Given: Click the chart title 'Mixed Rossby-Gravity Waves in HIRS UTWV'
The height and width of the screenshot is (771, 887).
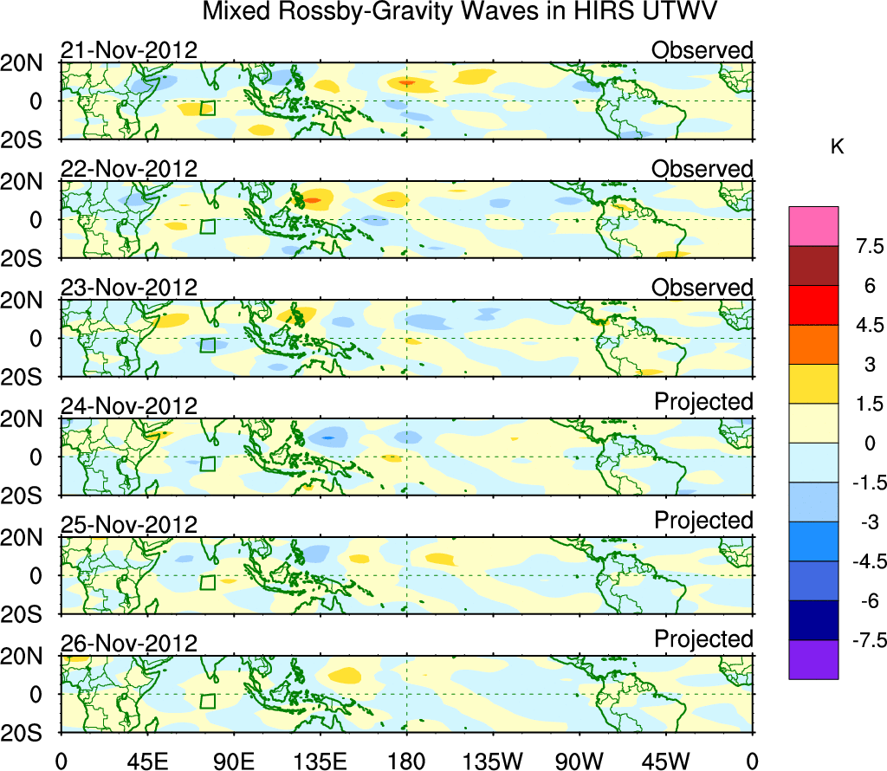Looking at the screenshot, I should (460, 12).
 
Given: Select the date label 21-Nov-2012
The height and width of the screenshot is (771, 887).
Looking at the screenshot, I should (129, 50).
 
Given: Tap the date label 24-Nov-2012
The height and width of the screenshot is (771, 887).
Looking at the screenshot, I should (129, 406).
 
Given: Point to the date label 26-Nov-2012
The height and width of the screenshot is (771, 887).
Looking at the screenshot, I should (129, 644).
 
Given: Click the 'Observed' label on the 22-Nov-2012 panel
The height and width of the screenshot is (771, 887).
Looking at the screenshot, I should (702, 169).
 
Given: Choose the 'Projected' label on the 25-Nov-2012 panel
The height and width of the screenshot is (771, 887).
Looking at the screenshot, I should (703, 521).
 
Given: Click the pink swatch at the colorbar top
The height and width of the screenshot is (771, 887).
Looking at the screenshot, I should (813, 226).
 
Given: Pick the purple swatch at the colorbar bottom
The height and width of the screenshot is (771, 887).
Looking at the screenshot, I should (813, 659).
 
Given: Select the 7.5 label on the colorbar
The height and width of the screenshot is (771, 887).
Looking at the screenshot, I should (862, 247).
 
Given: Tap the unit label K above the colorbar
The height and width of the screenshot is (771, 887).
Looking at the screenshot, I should (837, 147).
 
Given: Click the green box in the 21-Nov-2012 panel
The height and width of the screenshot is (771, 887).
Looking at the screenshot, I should (207, 107).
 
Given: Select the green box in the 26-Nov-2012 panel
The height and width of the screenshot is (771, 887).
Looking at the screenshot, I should (207, 702).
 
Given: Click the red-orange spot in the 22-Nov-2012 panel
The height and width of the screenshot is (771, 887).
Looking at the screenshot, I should (313, 200).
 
